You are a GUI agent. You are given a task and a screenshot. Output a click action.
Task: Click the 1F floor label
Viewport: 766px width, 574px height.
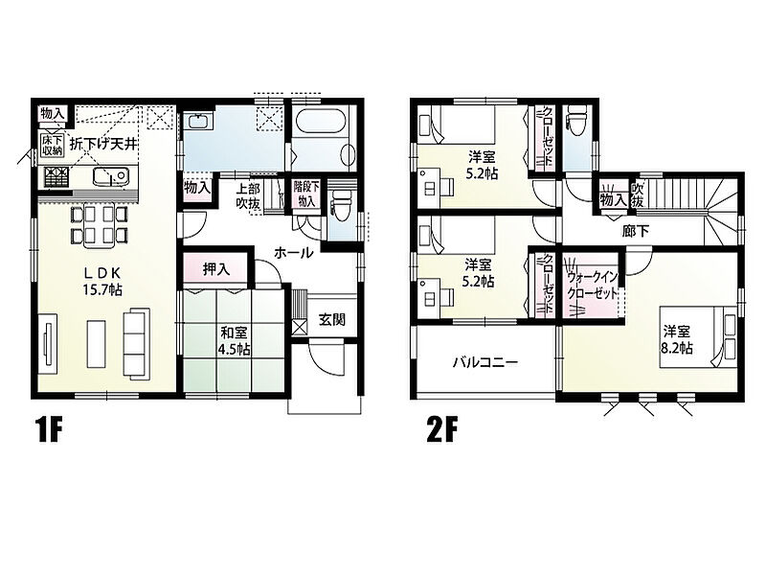tap(50, 431)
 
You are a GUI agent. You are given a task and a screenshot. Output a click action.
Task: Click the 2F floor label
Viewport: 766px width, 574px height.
tap(441, 431)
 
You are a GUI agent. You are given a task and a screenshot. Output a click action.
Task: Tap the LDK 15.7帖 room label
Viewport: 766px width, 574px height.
tap(103, 281)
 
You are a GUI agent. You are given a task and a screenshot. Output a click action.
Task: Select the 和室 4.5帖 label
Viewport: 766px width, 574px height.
tap(235, 341)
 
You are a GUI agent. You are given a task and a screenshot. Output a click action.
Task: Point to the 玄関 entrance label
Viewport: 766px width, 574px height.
tap(332, 320)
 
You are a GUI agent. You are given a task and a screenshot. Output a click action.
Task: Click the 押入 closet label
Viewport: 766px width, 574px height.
tap(216, 269)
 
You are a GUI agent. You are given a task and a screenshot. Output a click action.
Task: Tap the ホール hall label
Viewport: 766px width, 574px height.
tap(293, 253)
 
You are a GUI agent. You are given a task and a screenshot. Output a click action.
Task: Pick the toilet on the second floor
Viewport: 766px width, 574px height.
tap(575, 120)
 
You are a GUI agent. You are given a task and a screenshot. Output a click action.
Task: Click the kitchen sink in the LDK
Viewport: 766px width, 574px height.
tap(110, 176)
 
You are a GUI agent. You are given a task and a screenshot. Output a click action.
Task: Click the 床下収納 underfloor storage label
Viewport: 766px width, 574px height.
tap(53, 146)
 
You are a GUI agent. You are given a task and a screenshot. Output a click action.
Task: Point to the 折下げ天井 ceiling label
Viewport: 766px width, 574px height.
tap(102, 145)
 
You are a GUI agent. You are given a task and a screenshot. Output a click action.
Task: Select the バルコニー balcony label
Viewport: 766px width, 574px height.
tap(485, 362)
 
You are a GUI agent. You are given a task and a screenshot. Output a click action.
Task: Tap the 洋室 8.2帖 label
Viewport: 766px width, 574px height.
tap(677, 340)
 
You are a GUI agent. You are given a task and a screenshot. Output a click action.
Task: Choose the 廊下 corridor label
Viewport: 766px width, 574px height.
tap(636, 231)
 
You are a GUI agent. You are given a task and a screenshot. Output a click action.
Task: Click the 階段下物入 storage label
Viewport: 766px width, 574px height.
tap(306, 194)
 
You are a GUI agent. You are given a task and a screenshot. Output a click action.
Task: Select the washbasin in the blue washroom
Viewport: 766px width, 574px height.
tap(197, 121)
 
